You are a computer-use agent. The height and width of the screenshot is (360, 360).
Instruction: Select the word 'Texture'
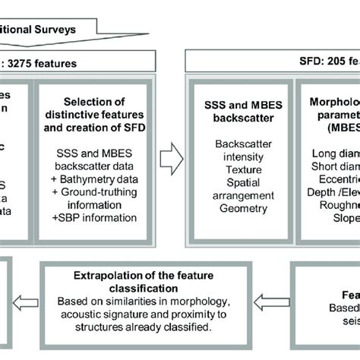[241, 160]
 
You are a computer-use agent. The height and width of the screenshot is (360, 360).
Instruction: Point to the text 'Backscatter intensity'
[241, 149]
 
